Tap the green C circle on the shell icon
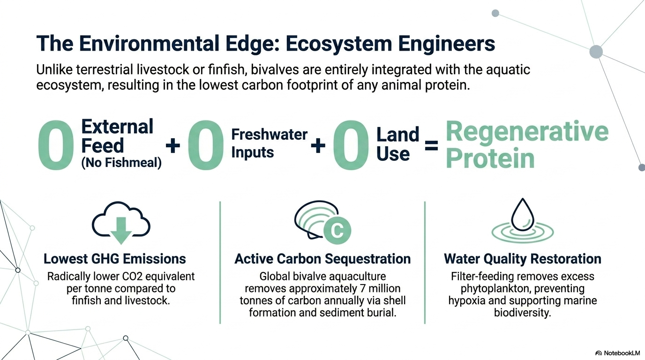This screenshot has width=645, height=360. pyautogui.click(x=337, y=230)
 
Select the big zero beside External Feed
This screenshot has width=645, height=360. pyautogui.click(x=56, y=145)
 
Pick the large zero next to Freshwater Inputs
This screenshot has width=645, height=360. pyautogui.click(x=206, y=145)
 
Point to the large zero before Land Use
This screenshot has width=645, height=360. pyautogui.click(x=351, y=145)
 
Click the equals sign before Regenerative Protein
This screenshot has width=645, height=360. pyautogui.click(x=431, y=146)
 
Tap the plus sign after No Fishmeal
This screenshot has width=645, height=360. pyautogui.click(x=173, y=146)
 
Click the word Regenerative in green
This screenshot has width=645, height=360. pyautogui.click(x=527, y=132)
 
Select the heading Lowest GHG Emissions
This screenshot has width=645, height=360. pyautogui.click(x=114, y=259)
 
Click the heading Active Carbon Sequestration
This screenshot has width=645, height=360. pyautogui.click(x=322, y=259)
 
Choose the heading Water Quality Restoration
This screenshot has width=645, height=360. pyautogui.click(x=522, y=259)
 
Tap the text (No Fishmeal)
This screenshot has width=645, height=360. pyautogui.click(x=121, y=163)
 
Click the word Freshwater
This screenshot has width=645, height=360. pyautogui.click(x=269, y=135)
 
